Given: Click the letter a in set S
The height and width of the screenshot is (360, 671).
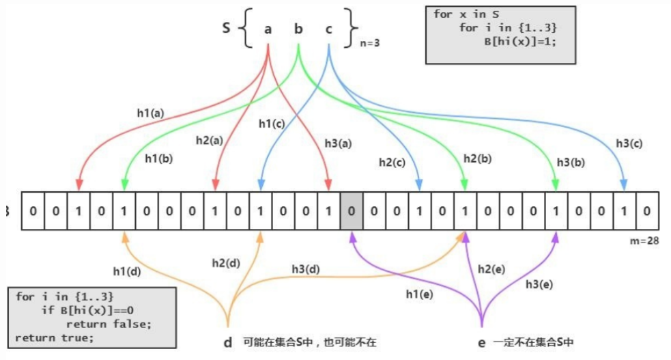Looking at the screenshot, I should (x=268, y=30).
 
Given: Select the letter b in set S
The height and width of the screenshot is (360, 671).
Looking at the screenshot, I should (x=298, y=29).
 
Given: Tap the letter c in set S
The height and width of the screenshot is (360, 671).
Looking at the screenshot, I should (x=328, y=30).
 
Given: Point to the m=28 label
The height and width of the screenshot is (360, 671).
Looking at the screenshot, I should (x=644, y=240).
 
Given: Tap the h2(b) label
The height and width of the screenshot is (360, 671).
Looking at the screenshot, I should (x=479, y=158).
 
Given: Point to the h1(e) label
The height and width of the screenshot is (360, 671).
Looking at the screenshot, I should (x=419, y=294).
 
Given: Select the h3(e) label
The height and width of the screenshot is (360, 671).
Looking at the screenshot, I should (x=539, y=283).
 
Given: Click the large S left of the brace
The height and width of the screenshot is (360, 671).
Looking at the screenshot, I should (x=226, y=29).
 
